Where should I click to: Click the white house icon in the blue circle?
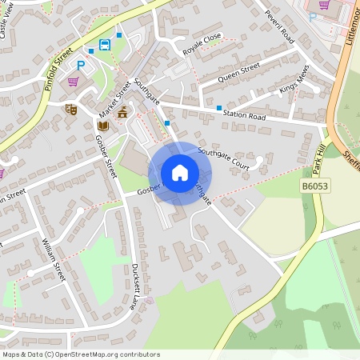pyautogui.click(x=180, y=173)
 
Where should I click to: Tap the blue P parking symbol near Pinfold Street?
pyautogui.click(x=81, y=65)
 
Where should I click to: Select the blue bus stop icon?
pyautogui.click(x=104, y=45)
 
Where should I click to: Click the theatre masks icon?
pyautogui.click(x=70, y=109)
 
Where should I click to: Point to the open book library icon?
pyautogui.click(x=102, y=126)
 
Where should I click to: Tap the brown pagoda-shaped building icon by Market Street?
pyautogui.click(x=122, y=112)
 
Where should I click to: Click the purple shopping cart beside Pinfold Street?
pyautogui.click(x=73, y=82)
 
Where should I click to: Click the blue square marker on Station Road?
pyautogui.click(x=218, y=107)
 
